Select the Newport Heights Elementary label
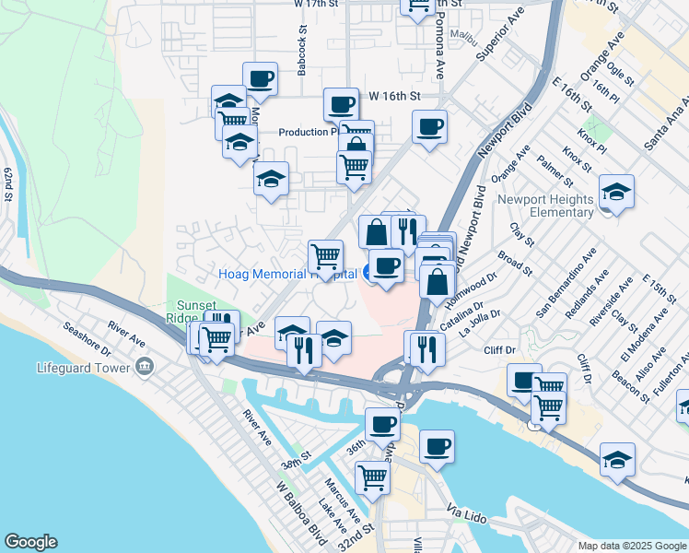click(545, 206)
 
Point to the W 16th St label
click(394, 96)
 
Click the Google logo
click(30, 542)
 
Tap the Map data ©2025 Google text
click(631, 546)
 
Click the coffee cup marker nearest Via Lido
click(437, 446)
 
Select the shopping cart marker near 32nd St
click(372, 477)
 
